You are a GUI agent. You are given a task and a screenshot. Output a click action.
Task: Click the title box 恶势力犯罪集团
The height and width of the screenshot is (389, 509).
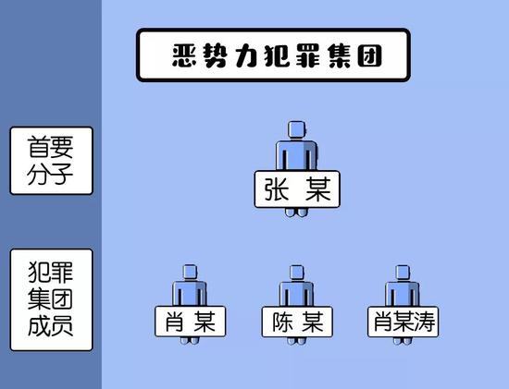[x=273, y=55]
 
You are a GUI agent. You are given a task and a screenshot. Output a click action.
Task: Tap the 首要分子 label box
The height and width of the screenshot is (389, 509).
[x=52, y=161]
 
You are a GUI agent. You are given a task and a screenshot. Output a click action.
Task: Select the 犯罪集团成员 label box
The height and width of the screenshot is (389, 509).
[x=52, y=300]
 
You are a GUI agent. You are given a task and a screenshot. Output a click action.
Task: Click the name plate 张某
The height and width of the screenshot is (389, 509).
[x=297, y=189]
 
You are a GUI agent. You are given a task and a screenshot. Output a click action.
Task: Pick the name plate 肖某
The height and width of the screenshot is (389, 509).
[x=191, y=322]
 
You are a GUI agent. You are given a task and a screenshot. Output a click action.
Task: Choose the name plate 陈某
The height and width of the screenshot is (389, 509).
[x=297, y=322]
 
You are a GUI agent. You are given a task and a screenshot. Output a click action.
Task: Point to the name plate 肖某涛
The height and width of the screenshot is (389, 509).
[x=403, y=322]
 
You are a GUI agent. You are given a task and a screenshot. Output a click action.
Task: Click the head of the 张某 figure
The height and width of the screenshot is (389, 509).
[x=297, y=129]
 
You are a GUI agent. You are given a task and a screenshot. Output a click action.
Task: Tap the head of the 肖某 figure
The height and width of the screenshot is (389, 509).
[x=190, y=272]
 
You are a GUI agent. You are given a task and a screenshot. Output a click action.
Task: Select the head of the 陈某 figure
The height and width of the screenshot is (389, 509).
[x=297, y=273]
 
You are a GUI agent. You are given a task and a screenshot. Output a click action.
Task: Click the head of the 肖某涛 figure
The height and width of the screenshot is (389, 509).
[x=403, y=273]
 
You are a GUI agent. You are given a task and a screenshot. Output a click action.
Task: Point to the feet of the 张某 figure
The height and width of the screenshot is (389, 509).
[x=296, y=213]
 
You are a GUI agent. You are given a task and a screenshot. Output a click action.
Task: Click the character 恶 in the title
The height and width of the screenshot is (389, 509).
[x=184, y=55]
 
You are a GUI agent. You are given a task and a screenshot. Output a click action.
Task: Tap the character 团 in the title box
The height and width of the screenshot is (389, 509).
[x=369, y=55]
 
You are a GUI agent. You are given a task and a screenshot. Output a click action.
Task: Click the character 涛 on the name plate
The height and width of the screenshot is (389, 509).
[x=424, y=322]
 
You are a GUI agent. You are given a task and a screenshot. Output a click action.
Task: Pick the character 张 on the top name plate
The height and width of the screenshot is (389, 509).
[x=277, y=189]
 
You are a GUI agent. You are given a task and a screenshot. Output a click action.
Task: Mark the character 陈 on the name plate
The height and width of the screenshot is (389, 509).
[x=282, y=322]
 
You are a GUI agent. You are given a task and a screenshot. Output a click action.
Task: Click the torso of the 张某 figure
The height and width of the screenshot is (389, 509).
[x=297, y=155]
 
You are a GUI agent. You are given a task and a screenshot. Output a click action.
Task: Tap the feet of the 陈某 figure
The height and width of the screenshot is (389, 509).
[x=296, y=340]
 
